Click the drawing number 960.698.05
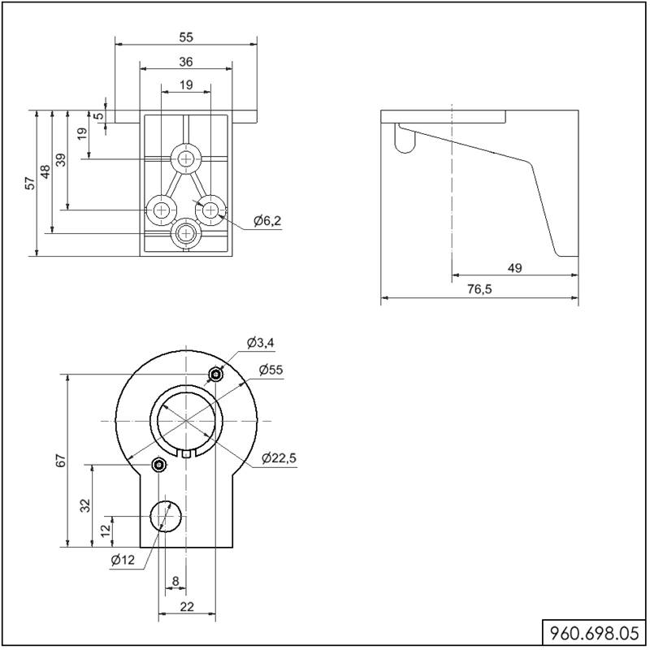(594, 634)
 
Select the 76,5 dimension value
(479, 289)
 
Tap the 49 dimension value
(514, 268)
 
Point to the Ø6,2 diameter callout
(267, 220)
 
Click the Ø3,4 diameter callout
(260, 343)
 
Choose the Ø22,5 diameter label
(279, 458)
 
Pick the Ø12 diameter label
(123, 560)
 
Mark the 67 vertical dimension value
(61, 461)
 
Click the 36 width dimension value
(186, 62)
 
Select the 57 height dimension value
(30, 183)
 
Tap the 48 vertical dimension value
(45, 171)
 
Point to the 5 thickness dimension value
(99, 115)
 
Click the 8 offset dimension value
(175, 581)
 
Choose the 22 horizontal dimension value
(187, 606)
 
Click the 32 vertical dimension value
(85, 505)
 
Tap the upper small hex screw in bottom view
(215, 375)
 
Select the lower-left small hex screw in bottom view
(158, 465)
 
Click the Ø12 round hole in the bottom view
(166, 516)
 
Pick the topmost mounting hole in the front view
(187, 158)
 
